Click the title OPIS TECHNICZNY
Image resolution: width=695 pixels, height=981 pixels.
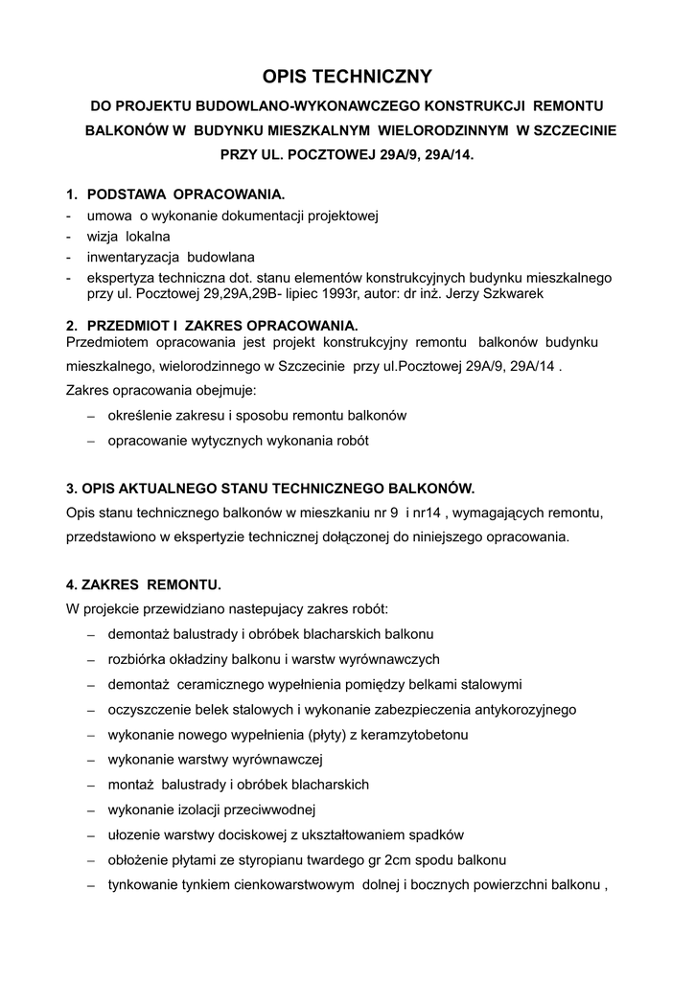click(348, 76)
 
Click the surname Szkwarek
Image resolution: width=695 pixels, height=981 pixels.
click(509, 294)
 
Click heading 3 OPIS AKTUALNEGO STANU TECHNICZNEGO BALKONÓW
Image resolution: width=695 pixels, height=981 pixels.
click(270, 487)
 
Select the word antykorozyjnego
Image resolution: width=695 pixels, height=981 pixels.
click(521, 709)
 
